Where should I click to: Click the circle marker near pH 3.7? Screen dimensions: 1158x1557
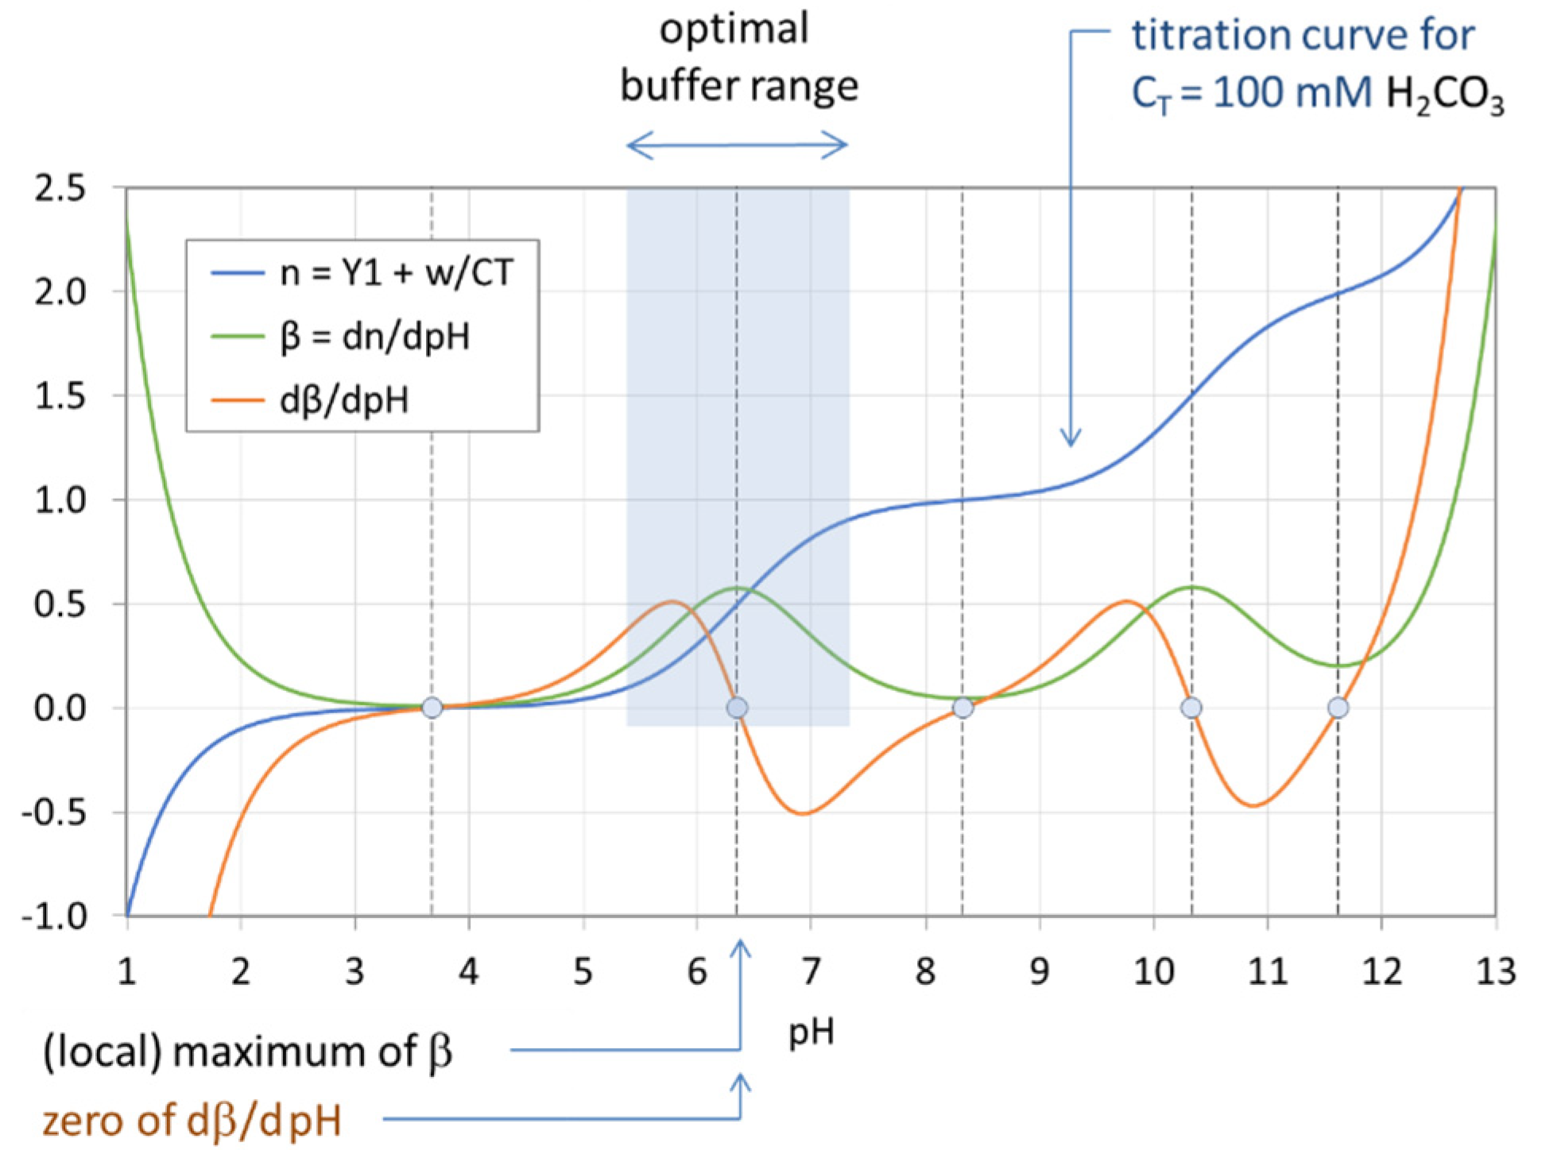pos(432,707)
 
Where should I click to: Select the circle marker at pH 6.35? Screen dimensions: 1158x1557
pos(737,707)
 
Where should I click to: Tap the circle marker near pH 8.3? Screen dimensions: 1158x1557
pos(962,707)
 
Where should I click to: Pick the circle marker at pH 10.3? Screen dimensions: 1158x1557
pos(1191,707)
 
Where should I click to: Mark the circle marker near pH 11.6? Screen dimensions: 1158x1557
pos(1338,707)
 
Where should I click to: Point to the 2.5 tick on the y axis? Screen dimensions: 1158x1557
pos(60,189)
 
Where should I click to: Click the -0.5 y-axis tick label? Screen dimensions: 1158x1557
pos(54,813)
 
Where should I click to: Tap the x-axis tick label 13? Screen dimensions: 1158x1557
pos(1495,971)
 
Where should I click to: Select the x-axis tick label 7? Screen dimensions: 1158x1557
pos(811,971)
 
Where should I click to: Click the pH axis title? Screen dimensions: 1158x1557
pos(811,1032)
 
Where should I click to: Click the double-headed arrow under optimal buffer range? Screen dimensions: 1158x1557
pos(737,145)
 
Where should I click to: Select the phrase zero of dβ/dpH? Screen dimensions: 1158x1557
pos(192,1121)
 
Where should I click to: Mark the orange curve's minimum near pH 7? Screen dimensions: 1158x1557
pos(803,813)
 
